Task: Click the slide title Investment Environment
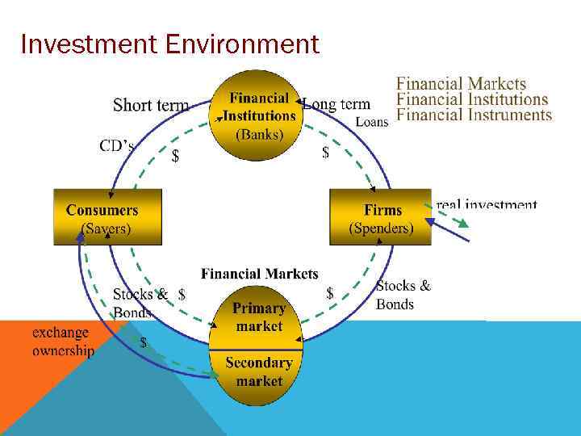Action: pos(170,44)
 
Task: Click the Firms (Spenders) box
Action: pos(381,218)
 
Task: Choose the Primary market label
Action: pos(259,317)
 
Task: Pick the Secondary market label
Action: pos(259,371)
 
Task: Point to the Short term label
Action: pos(151,106)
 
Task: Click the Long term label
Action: pos(336,104)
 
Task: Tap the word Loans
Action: pos(372,122)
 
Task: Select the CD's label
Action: pos(116,146)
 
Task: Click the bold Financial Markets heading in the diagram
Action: pos(259,275)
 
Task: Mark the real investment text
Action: pos(487,205)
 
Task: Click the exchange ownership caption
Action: pos(63,342)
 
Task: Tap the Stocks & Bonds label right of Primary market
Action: pos(403,295)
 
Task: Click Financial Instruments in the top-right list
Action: pos(474,115)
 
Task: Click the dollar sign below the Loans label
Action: pos(325,152)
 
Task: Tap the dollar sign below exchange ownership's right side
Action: pos(144,342)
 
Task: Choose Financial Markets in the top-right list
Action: pos(461,83)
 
